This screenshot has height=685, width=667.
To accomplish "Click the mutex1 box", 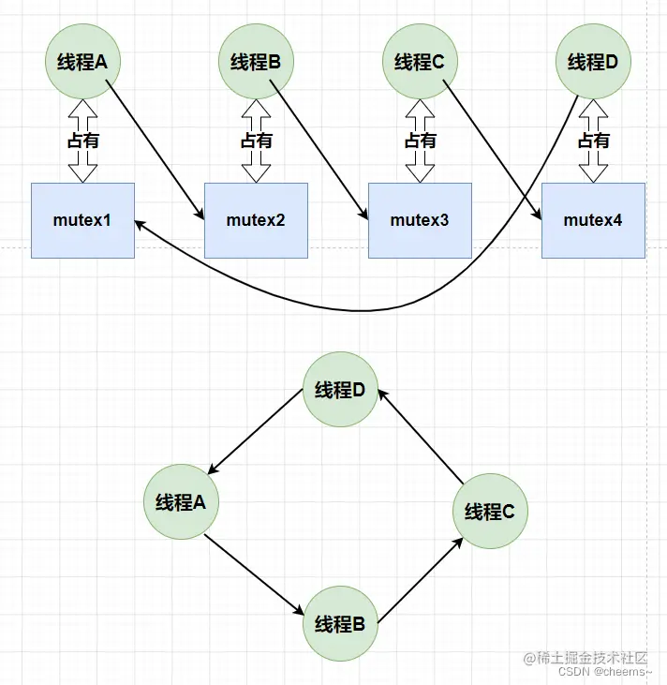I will coord(82,220).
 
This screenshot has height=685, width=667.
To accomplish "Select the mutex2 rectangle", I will coord(256,220).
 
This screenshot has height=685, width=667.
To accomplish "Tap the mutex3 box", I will coord(420,220).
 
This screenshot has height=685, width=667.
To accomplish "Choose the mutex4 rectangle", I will coord(593,220).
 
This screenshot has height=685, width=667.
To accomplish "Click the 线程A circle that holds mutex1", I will coord(82,63).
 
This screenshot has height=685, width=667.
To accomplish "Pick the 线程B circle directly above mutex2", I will coord(256,63).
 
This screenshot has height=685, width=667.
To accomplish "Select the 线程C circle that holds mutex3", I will coord(420,63).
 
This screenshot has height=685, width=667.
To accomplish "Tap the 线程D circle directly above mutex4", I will coord(593,63).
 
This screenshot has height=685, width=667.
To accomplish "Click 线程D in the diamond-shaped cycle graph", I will coord(339,390).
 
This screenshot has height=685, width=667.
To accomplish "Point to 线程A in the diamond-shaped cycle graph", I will coord(180,502).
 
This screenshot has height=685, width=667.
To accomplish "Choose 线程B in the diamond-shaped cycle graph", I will coord(339,624).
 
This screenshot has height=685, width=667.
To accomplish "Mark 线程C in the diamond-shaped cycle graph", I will coord(490,512).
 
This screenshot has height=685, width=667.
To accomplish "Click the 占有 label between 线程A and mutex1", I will coord(82,141).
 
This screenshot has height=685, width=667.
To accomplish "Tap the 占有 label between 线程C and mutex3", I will coord(420,141).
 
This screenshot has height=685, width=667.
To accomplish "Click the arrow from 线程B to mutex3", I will coord(323,150).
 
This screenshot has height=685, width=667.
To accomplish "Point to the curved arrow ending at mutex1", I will coord(375,307).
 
